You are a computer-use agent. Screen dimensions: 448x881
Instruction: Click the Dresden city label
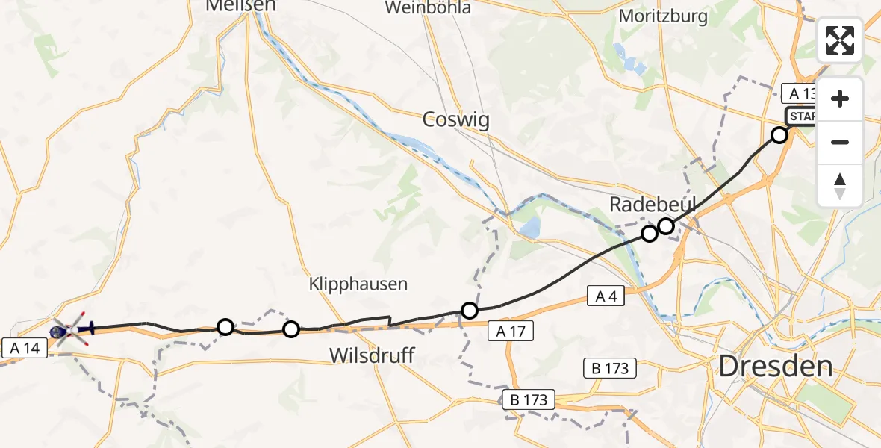tap(776, 366)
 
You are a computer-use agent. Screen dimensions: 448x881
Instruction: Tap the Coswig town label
tap(456, 119)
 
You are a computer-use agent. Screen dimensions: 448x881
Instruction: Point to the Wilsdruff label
tap(372, 356)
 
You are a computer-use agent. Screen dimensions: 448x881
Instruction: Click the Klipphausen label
tap(358, 284)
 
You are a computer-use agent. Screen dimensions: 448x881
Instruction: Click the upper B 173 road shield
tap(610, 368)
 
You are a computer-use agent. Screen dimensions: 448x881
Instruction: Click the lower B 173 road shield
tap(529, 399)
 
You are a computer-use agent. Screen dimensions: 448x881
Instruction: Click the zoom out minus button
tap(840, 142)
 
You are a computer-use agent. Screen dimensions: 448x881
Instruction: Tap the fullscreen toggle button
tap(840, 40)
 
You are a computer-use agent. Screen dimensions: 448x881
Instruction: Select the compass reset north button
tap(840, 185)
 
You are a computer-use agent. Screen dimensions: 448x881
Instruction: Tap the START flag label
tap(802, 117)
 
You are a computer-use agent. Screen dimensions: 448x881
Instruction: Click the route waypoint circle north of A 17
tap(469, 310)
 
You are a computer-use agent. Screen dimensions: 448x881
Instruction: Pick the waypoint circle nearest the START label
tap(779, 135)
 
